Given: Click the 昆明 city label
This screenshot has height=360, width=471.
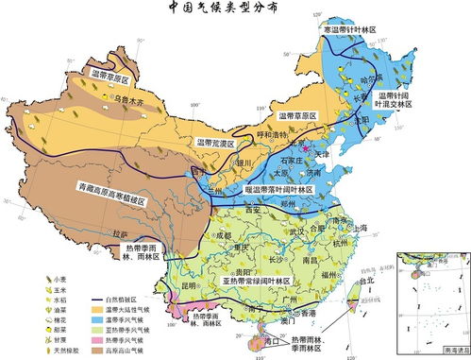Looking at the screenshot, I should (190, 284).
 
